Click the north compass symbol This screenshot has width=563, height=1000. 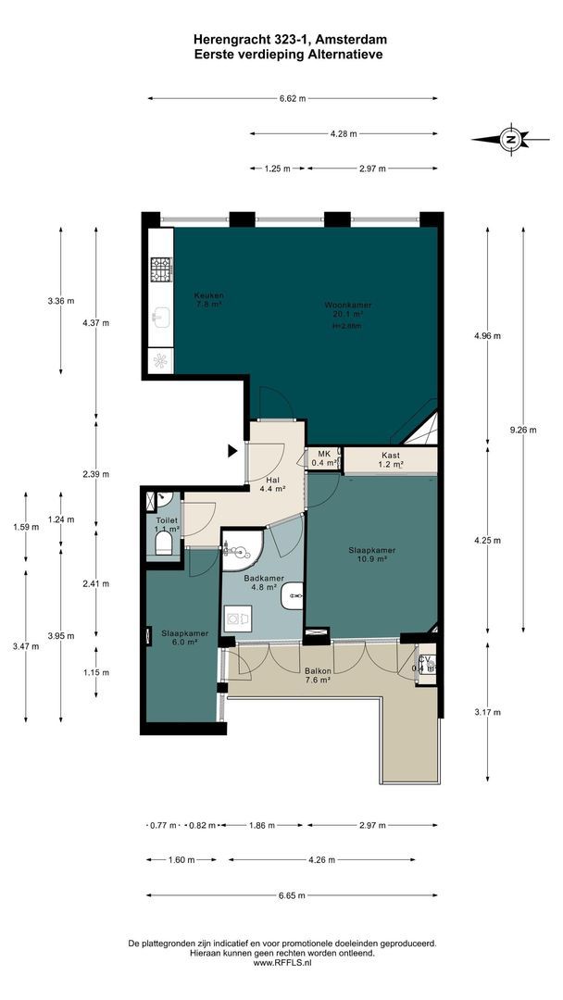508,140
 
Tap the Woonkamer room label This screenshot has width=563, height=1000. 343,309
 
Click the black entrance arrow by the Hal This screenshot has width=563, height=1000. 232,451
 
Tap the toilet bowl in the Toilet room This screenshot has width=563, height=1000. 164,542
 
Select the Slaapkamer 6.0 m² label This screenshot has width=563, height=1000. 184,638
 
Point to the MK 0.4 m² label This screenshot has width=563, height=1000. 323,458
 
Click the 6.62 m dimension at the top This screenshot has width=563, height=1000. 293,99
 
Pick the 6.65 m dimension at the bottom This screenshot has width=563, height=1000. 293,895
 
